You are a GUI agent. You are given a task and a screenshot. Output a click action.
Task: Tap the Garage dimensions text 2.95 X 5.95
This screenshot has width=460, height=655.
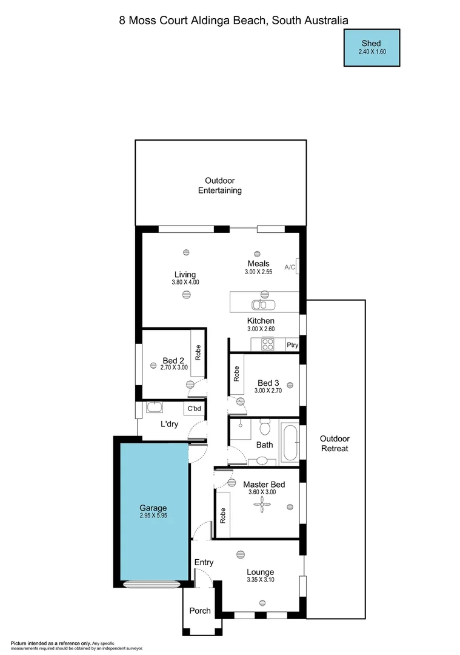[153, 516]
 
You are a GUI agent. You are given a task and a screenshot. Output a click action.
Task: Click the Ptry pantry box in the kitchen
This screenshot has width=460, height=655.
[292, 345]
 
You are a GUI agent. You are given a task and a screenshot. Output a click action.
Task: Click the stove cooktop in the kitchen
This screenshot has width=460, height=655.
[267, 344]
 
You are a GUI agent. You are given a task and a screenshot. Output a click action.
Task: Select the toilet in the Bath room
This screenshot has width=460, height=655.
[264, 428]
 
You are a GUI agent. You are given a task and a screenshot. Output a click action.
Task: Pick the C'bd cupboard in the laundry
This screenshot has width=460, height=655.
[194, 409]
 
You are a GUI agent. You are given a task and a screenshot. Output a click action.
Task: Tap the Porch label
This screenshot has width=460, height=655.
[200, 611]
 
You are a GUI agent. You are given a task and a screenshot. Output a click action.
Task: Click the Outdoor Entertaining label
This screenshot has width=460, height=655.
[220, 186]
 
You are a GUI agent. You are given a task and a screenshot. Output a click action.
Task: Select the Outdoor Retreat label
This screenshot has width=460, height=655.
[335, 444]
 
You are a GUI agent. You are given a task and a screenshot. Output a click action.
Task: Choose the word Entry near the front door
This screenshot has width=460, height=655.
[204, 562]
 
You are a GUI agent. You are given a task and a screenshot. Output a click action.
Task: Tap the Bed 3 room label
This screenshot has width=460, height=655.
[268, 383]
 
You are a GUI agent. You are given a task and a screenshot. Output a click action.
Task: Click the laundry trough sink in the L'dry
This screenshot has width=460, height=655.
[155, 407]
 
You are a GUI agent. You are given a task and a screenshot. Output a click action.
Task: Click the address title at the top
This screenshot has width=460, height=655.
[233, 20]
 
